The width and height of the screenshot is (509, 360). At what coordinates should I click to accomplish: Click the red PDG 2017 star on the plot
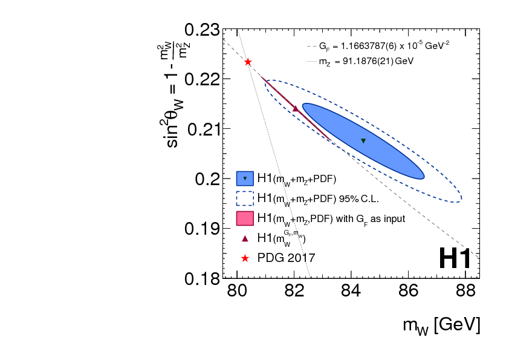(248, 62)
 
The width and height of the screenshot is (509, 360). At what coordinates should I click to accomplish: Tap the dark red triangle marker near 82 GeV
(295, 108)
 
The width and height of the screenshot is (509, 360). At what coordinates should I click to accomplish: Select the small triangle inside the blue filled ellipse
(363, 141)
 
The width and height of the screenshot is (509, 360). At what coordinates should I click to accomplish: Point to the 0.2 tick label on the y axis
(207, 179)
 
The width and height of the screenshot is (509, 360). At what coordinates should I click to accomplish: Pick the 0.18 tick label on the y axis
(203, 279)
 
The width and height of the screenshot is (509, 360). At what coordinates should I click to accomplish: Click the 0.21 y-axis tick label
(203, 129)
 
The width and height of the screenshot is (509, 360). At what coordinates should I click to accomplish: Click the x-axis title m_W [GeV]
(442, 325)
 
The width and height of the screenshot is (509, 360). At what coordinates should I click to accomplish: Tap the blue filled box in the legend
(244, 178)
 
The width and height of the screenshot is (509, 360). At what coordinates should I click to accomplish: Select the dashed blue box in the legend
(244, 198)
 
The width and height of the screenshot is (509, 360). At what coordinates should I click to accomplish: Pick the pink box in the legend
(244, 218)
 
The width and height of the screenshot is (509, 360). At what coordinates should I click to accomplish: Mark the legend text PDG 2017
(285, 258)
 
